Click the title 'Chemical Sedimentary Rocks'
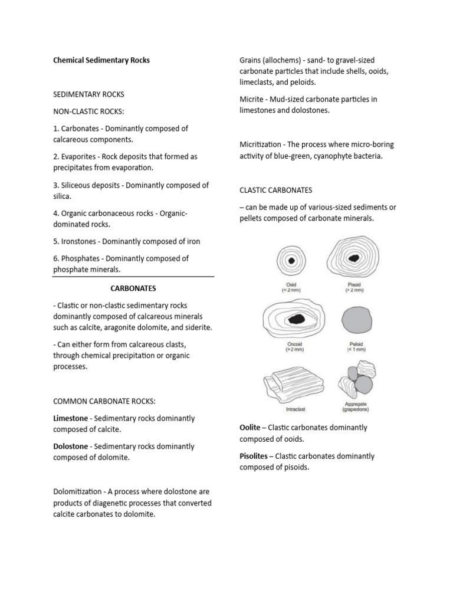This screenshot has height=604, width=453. (x=101, y=60)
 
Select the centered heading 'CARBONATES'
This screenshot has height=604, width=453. (x=133, y=288)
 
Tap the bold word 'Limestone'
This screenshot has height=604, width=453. (x=70, y=418)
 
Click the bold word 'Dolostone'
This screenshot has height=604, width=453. (x=71, y=447)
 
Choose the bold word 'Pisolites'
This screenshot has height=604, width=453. (x=257, y=456)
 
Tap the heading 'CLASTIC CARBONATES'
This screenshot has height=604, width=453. (x=275, y=190)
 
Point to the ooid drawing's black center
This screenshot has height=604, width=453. (x=290, y=261)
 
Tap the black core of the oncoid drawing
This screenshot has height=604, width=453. (x=294, y=319)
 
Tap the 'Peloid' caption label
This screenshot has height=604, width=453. (x=356, y=344)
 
